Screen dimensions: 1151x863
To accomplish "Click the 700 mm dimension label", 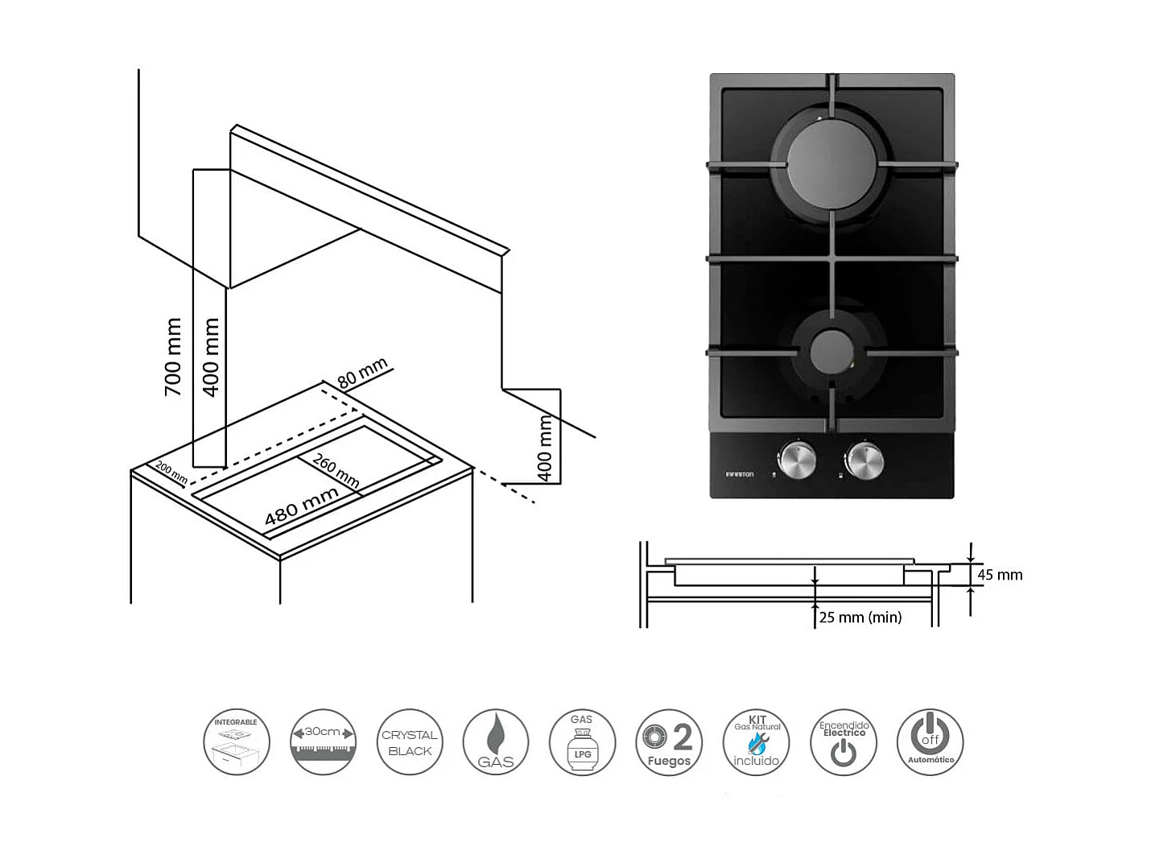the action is point(173,356).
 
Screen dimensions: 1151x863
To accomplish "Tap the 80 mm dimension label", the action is point(363,373).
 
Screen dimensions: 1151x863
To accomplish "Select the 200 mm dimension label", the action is point(171,473).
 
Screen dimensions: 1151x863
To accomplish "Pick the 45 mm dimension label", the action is point(1000,575).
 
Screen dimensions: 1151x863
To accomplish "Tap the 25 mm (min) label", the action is point(860,617).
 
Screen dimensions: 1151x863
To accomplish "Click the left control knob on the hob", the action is point(797,460).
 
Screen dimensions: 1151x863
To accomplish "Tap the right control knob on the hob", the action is point(864,460).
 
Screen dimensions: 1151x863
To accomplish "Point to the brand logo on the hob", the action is point(740,475).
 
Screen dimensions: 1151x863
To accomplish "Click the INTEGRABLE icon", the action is point(236,742).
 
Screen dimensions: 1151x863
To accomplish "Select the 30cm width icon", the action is point(323,742).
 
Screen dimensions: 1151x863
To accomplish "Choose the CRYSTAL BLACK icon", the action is point(410,742).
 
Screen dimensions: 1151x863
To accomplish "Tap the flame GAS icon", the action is point(496,742).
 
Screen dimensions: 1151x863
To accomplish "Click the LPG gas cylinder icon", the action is point(582,742).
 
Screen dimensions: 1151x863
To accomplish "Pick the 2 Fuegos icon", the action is point(669,742).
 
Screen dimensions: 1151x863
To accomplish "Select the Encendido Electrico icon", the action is point(843,742).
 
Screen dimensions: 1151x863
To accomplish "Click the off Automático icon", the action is point(930,742).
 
